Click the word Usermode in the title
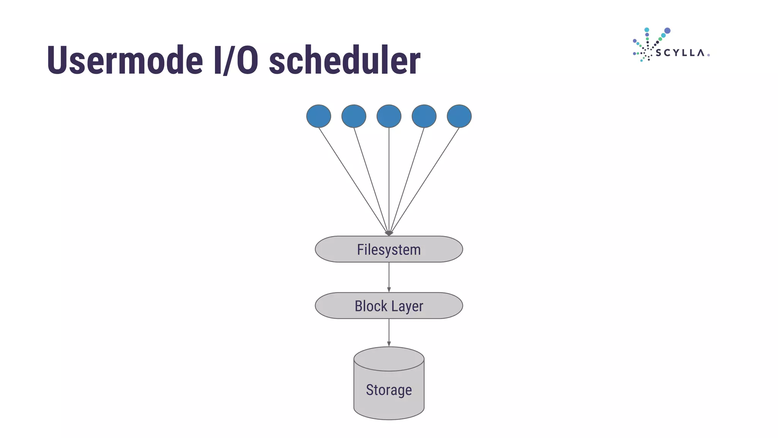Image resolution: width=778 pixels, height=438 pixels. pyautogui.click(x=125, y=60)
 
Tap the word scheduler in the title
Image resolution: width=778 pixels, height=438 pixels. pyautogui.click(x=344, y=60)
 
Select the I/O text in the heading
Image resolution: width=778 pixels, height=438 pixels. pyautogui.click(x=236, y=60)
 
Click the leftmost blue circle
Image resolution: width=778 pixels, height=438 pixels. pyautogui.click(x=319, y=116)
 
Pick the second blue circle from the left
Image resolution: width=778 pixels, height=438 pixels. pyautogui.click(x=354, y=116)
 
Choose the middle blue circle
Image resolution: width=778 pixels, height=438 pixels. pyautogui.click(x=389, y=116)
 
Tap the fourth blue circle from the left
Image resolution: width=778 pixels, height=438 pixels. pyautogui.click(x=424, y=116)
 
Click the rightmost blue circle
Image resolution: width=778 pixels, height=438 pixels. pyautogui.click(x=459, y=116)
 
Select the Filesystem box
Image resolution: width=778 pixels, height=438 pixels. pyautogui.click(x=389, y=249)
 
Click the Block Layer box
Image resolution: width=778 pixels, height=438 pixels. pyautogui.click(x=389, y=306)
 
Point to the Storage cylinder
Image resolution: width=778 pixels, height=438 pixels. pyautogui.click(x=389, y=392)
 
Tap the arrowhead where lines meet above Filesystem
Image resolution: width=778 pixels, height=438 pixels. pyautogui.click(x=389, y=233)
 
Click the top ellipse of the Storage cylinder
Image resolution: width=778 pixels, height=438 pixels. pyautogui.click(x=389, y=359)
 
